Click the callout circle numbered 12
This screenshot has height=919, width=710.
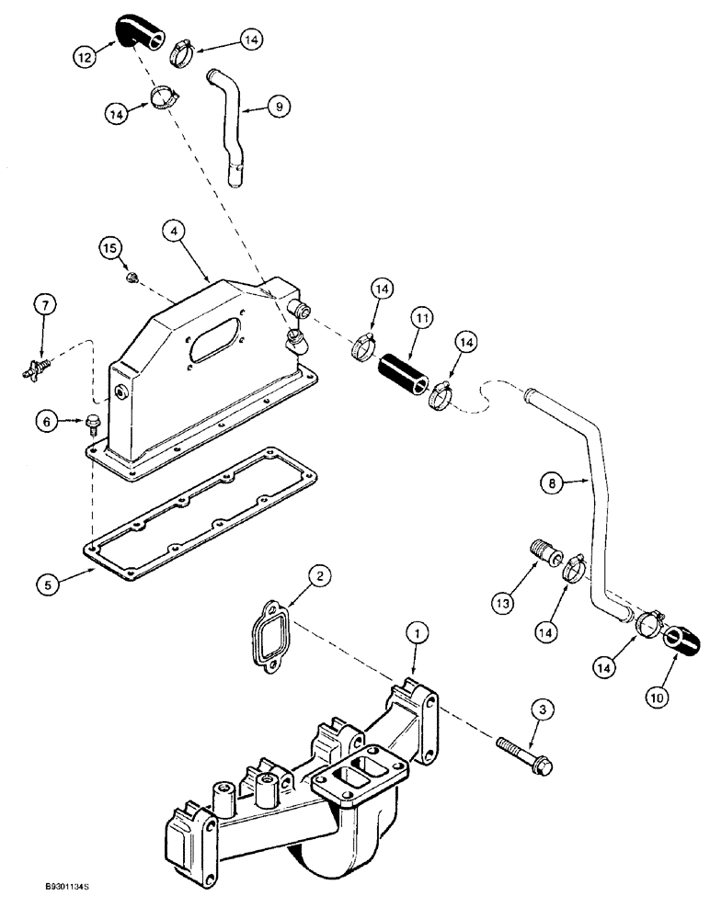(x=85, y=55)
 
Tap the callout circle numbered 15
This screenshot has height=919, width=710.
(x=110, y=248)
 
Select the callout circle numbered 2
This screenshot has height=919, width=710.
(x=318, y=576)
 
